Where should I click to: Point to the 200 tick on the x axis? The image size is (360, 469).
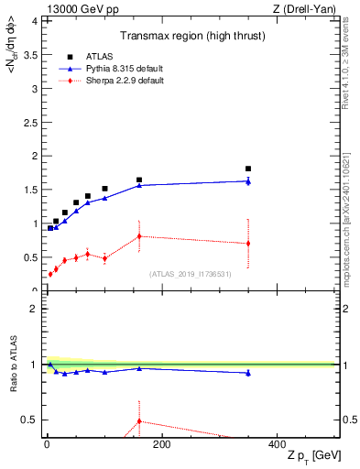coord(161,444)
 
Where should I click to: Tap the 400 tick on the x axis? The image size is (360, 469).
coord(277,444)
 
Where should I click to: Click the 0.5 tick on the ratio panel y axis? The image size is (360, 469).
coord(31,420)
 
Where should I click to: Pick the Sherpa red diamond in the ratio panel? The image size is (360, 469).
coord(139,421)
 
